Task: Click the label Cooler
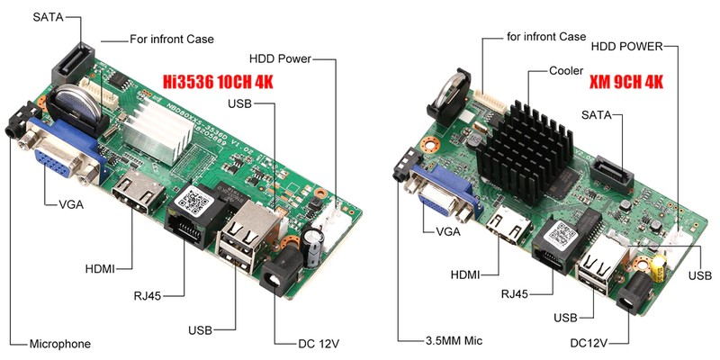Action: pos(568,69)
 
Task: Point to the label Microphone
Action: pos(60,344)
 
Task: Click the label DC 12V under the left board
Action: pos(319,343)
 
